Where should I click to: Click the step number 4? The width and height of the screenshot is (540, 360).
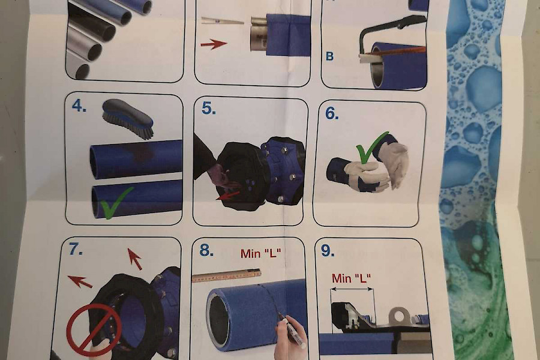tap(79, 106)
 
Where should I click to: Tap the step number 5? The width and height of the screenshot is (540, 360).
tap(209, 108)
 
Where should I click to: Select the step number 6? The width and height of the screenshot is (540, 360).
tap(332, 113)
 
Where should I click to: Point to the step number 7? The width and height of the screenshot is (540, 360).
tap(76, 249)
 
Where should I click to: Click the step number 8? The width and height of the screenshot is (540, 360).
tap(206, 250)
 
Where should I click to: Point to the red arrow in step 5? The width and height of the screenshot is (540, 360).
tap(227, 196)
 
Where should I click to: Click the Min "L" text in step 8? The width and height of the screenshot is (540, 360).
tap(261, 254)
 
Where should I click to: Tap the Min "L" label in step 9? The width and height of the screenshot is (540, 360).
tap(351, 278)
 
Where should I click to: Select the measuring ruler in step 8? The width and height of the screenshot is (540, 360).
tap(226, 275)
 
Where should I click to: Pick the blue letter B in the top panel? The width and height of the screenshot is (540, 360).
tap(329, 56)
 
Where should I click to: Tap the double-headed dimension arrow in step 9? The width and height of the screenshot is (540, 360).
tap(352, 289)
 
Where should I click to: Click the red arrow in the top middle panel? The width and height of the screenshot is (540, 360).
tap(214, 44)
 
